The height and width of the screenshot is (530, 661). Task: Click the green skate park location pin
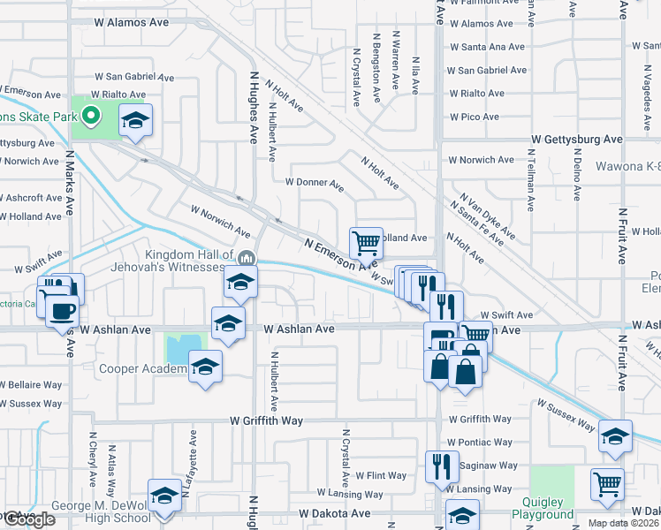tap(90, 115)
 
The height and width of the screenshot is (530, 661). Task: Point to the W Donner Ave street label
tap(314, 183)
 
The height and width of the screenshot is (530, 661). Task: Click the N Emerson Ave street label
tap(340, 254)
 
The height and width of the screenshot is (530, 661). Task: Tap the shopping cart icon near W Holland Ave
tap(365, 241)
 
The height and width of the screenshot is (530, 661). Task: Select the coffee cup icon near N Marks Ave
tap(61, 312)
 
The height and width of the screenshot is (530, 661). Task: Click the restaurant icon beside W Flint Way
tap(441, 465)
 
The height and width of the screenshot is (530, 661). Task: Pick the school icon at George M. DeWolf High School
tap(164, 496)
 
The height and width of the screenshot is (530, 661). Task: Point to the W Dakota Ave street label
tap(333, 512)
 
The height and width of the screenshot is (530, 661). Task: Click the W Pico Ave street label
tap(475, 117)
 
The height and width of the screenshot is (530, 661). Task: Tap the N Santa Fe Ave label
tap(482, 223)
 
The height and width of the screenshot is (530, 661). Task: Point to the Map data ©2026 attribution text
tap(624, 523)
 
